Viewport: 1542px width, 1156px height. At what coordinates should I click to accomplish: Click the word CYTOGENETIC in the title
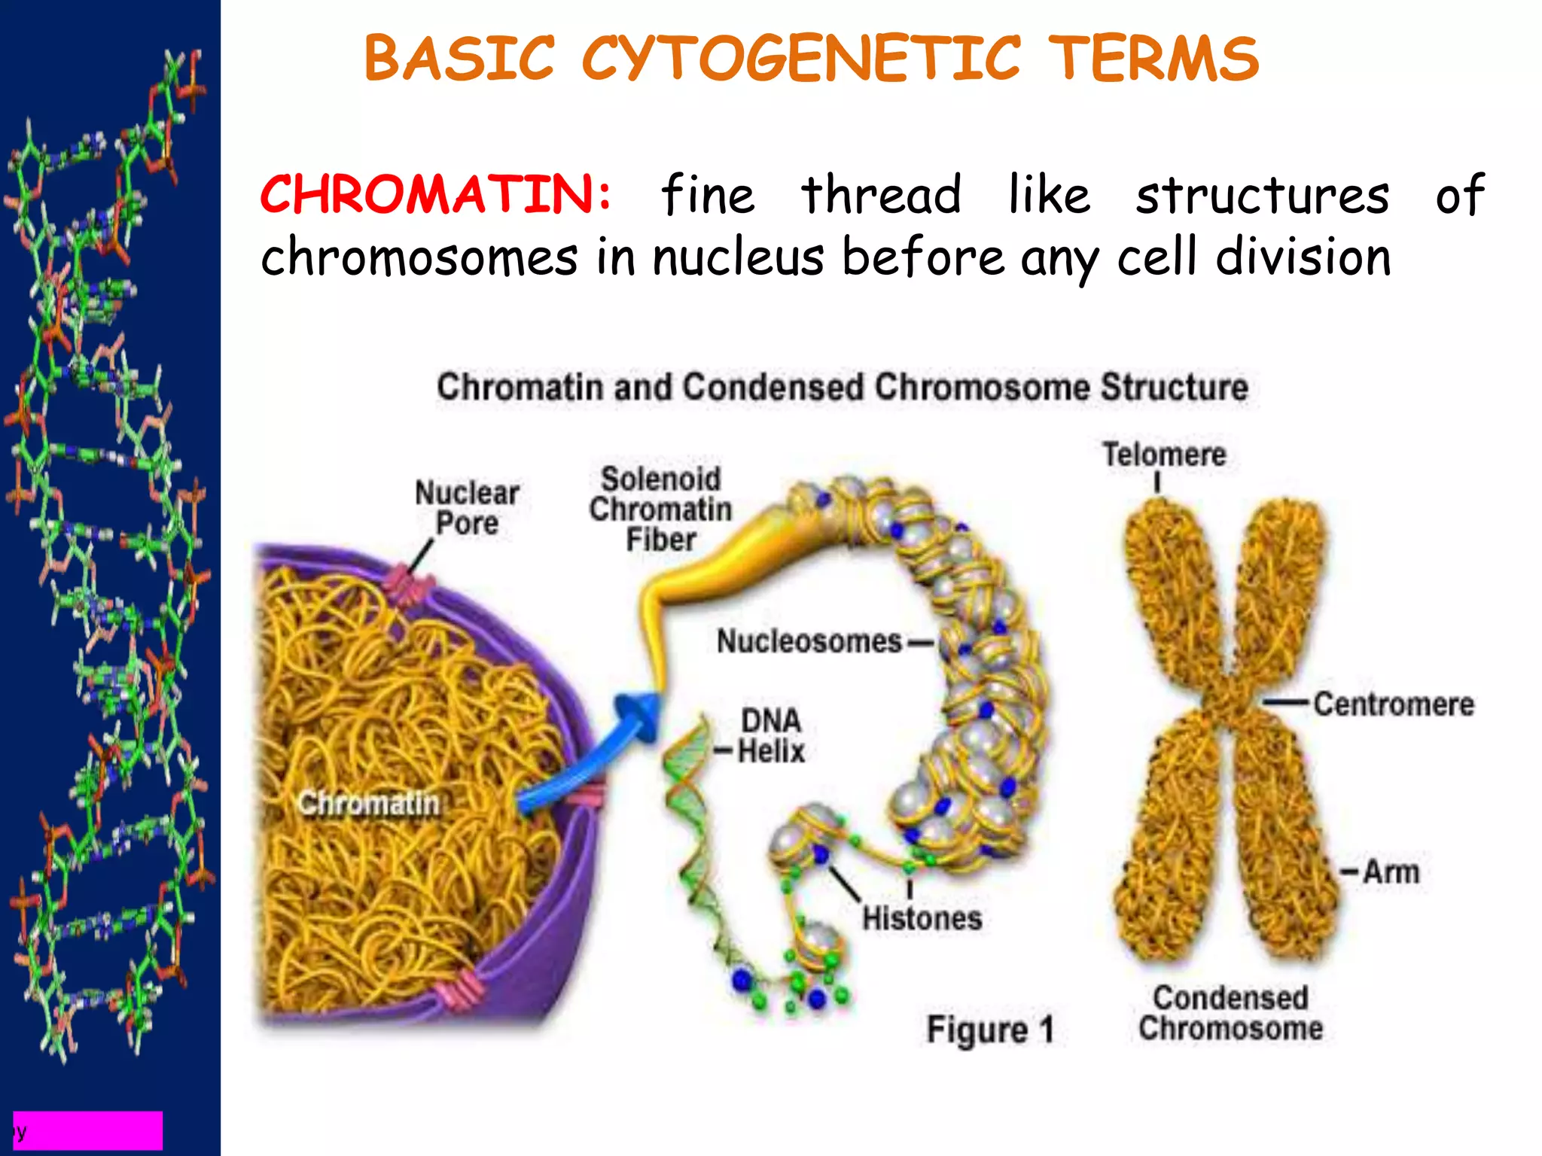(x=801, y=59)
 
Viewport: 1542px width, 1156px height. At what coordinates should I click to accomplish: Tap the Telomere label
(x=1164, y=455)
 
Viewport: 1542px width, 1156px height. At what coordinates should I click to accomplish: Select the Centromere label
(x=1394, y=704)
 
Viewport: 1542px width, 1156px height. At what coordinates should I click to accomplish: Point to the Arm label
(x=1391, y=872)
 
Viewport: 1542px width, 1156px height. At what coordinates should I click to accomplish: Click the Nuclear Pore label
(x=467, y=508)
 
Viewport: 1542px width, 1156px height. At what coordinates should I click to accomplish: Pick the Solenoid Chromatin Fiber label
(x=660, y=510)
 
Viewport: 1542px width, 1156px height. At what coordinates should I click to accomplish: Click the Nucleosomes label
(x=809, y=641)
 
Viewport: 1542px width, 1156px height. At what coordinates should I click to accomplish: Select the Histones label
(x=922, y=918)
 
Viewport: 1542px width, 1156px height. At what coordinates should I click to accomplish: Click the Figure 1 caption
(x=989, y=1030)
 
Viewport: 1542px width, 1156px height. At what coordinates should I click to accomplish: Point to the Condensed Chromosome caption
(x=1230, y=1013)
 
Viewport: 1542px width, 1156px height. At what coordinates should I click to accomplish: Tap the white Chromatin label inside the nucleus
(x=368, y=804)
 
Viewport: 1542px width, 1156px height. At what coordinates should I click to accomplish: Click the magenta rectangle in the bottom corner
(x=89, y=1130)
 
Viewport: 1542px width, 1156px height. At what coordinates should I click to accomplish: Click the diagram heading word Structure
(x=1174, y=387)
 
